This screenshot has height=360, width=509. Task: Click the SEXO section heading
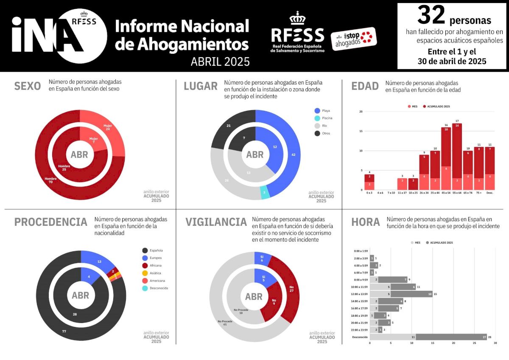pos(28,86)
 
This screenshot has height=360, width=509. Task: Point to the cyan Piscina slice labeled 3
pos(264,192)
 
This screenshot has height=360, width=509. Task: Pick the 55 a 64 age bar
pos(457,157)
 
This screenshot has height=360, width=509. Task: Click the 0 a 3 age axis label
pos(369,193)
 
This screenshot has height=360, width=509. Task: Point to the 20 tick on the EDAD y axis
pos(361,112)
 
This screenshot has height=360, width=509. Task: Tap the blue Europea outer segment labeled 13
pos(101,261)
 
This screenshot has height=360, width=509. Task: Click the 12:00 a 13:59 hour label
pos(358,294)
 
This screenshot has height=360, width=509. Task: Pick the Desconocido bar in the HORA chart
pos(428,337)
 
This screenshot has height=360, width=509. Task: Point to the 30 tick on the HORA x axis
pos(495,343)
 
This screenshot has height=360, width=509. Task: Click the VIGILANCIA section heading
pos(216,222)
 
